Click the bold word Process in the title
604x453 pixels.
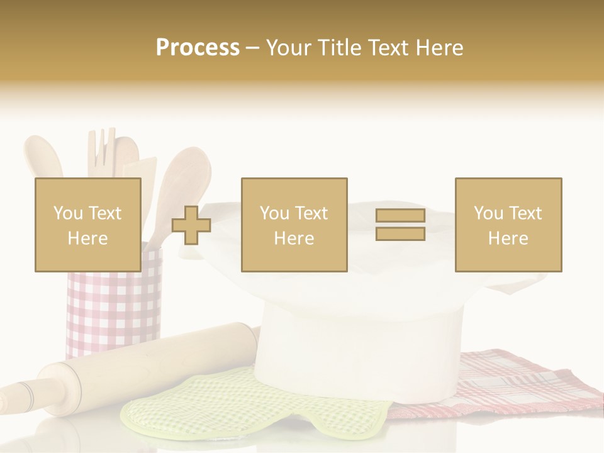198,48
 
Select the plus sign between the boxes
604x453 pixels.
191,225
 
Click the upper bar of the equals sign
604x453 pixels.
400,216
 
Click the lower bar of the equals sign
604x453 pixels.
400,233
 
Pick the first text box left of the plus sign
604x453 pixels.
88,225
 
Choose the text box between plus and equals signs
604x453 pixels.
294,225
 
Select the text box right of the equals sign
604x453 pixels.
508,225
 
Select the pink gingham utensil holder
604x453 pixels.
113,308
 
